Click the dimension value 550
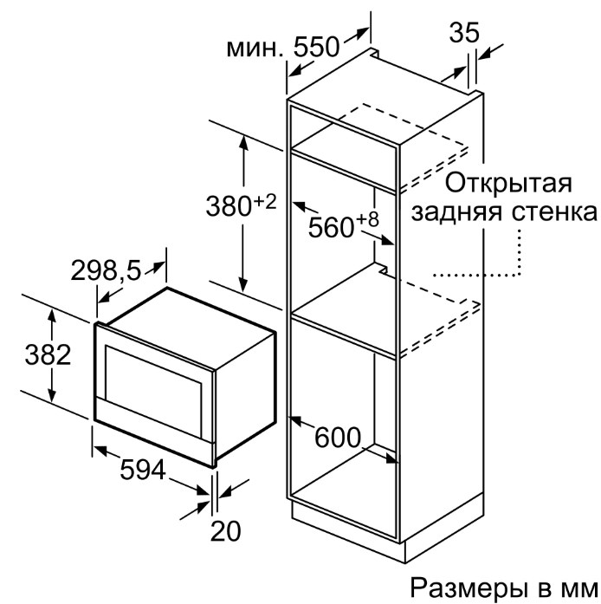316,48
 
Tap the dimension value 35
464,32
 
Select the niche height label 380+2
242,205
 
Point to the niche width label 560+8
344,225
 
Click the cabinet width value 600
338,438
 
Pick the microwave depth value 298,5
107,270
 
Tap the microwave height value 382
48,354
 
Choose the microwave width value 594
143,469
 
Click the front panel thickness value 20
226,531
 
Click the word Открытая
508,184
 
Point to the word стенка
554,212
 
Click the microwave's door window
154,390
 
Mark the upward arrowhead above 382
52,317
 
